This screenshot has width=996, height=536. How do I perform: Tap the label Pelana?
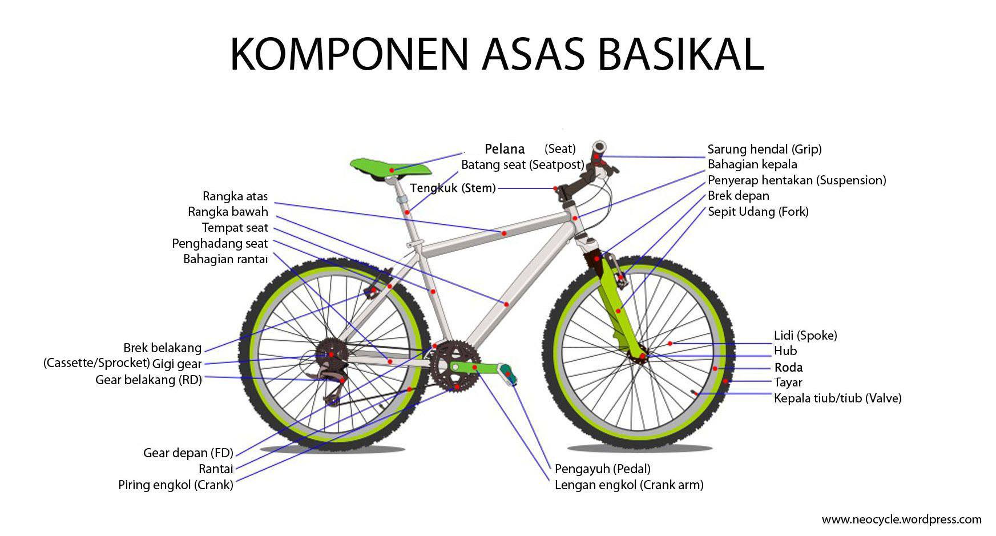point(505,149)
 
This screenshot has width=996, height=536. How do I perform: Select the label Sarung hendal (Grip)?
point(764,150)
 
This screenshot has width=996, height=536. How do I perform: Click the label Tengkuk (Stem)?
point(453,188)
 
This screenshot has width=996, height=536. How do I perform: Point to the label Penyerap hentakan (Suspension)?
point(797,180)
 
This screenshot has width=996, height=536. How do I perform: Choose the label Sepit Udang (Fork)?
point(758,212)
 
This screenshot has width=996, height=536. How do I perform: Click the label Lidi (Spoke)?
point(805,336)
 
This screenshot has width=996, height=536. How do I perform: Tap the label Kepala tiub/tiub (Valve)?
point(837,398)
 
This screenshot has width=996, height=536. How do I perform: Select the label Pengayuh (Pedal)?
point(603,469)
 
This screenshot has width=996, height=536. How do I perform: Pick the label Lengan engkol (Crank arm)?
point(629,485)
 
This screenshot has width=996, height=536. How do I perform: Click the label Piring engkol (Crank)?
point(176,485)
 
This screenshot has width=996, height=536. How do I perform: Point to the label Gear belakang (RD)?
point(148,380)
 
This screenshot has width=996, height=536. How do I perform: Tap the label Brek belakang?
point(163,348)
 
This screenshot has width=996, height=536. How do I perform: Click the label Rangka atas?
point(235,196)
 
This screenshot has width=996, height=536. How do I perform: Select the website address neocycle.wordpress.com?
point(901,519)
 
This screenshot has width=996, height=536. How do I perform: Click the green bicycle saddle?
point(391,168)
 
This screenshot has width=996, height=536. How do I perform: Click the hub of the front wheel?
point(641,356)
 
